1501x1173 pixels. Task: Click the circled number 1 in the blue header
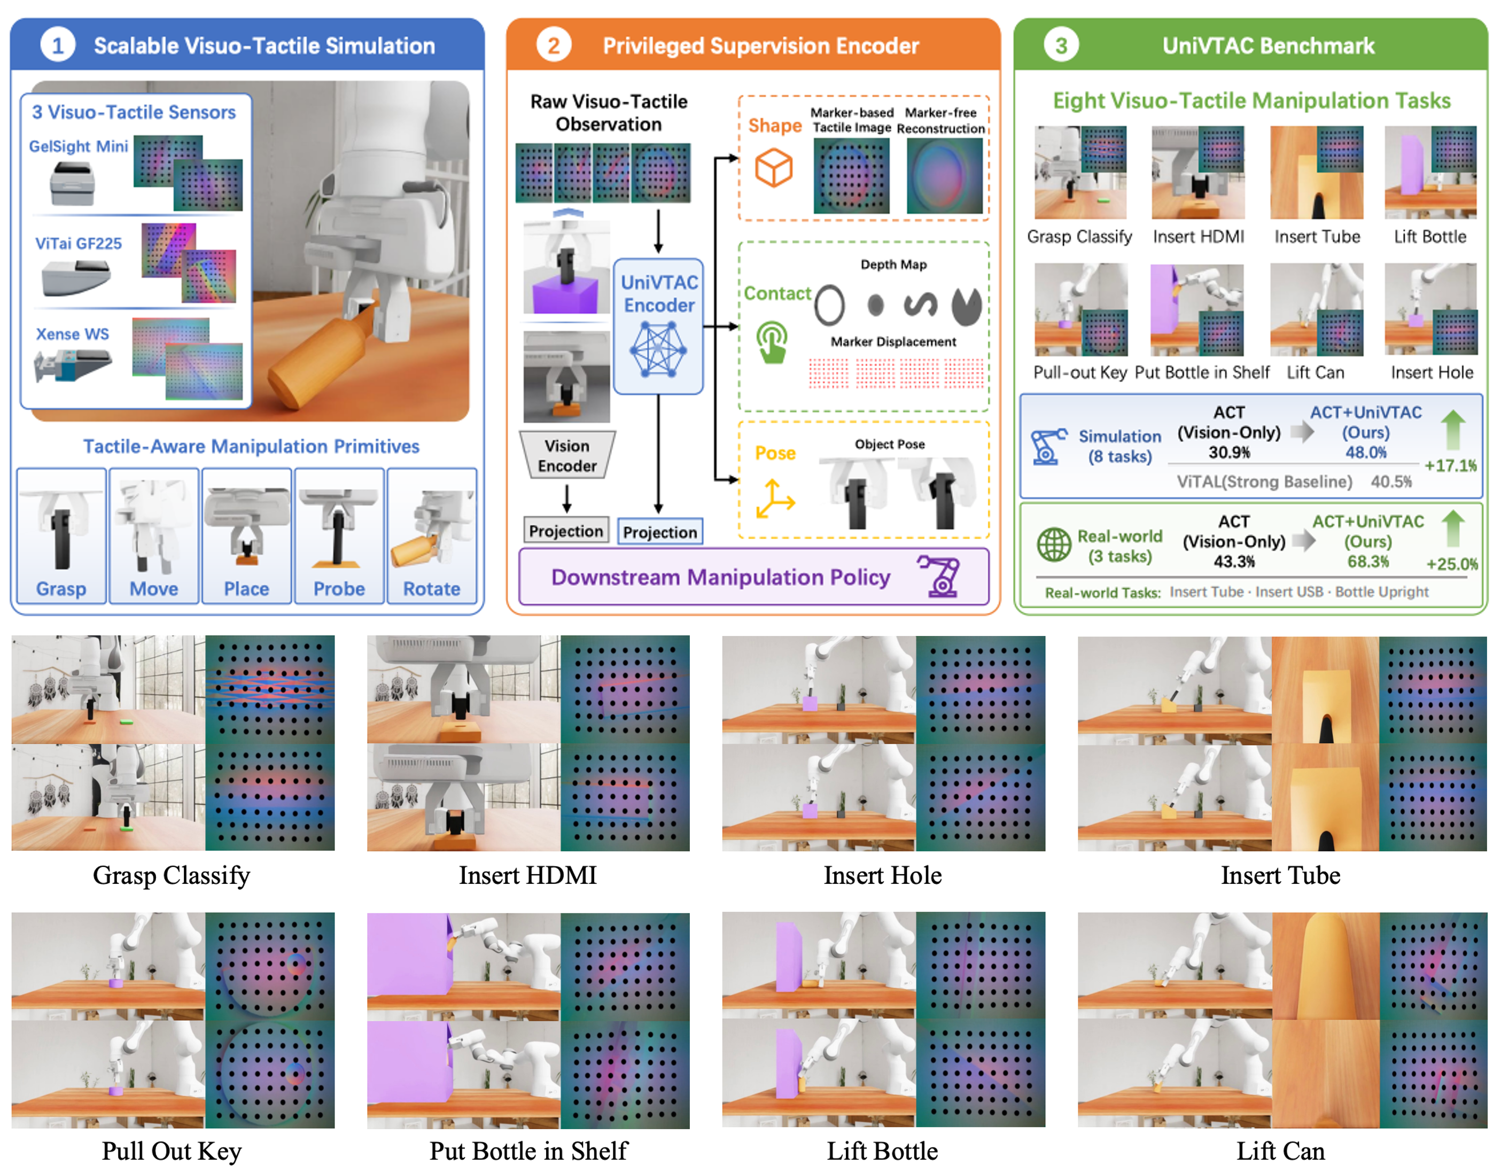click(x=58, y=45)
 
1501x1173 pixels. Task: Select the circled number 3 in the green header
click(x=1061, y=45)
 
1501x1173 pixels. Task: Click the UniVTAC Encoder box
click(x=658, y=326)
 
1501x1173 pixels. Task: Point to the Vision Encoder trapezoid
click(x=567, y=455)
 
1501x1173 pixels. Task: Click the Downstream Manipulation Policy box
click(x=753, y=577)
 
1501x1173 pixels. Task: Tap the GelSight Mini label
click(x=79, y=146)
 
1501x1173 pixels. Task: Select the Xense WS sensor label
click(x=72, y=334)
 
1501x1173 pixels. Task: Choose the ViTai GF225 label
click(x=79, y=243)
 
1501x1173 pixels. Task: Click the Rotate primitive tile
click(x=432, y=536)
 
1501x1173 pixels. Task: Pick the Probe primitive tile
click(x=339, y=536)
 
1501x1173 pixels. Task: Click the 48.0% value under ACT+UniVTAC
click(x=1366, y=452)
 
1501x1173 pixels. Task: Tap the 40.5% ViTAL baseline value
click(x=1391, y=481)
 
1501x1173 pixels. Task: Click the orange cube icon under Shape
click(x=773, y=168)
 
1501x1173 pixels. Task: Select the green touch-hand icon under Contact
click(x=772, y=341)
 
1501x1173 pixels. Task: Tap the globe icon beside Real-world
click(x=1054, y=545)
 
